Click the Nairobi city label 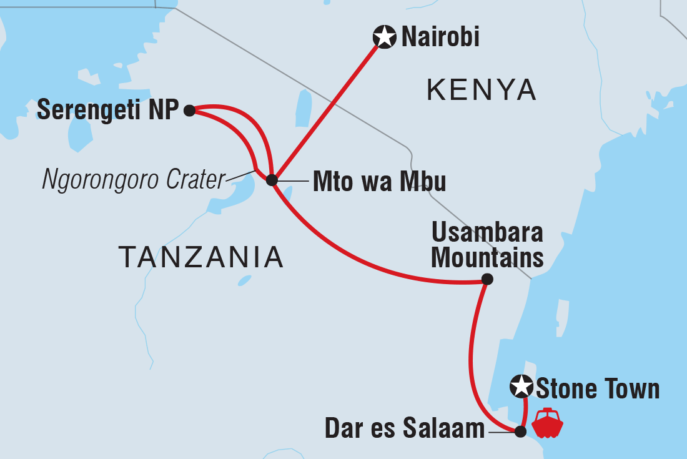pyautogui.click(x=440, y=37)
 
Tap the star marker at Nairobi pyautogui.click(x=384, y=37)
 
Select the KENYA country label pyautogui.click(x=482, y=90)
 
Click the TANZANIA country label pyautogui.click(x=200, y=257)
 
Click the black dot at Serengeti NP pyautogui.click(x=189, y=111)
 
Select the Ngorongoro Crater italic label pyautogui.click(x=133, y=180)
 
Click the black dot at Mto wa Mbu pyautogui.click(x=271, y=180)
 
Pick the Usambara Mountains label pyautogui.click(x=488, y=245)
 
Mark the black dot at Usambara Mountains pyautogui.click(x=487, y=279)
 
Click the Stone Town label pyautogui.click(x=598, y=388)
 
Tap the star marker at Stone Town pyautogui.click(x=520, y=387)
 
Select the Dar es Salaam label pyautogui.click(x=405, y=429)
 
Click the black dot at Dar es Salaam pyautogui.click(x=520, y=430)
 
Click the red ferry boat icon pyautogui.click(x=547, y=423)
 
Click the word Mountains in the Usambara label pyautogui.click(x=488, y=257)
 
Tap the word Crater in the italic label pyautogui.click(x=195, y=180)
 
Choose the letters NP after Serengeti pyautogui.click(x=165, y=111)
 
